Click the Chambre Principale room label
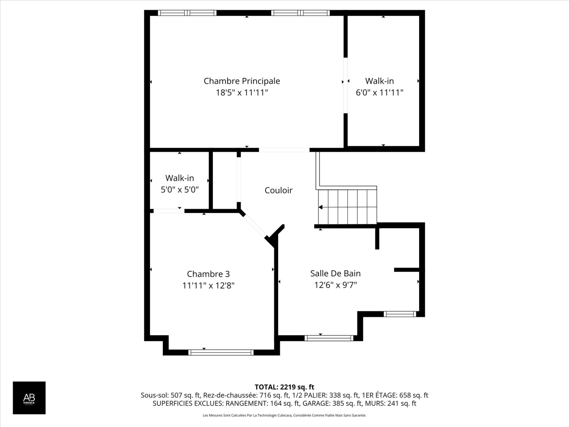[242, 81]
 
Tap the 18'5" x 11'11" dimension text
[242, 93]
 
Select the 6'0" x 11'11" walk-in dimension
[379, 93]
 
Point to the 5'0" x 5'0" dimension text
[180, 189]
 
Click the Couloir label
[279, 190]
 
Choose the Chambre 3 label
[208, 274]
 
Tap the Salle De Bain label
[335, 273]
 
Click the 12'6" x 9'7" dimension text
[335, 285]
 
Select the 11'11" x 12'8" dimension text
[208, 286]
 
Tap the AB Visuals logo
[29, 398]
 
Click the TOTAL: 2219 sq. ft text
[284, 387]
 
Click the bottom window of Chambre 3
[221, 352]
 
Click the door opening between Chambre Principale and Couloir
[284, 150]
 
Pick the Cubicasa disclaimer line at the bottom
[284, 415]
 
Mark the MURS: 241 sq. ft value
[391, 403]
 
